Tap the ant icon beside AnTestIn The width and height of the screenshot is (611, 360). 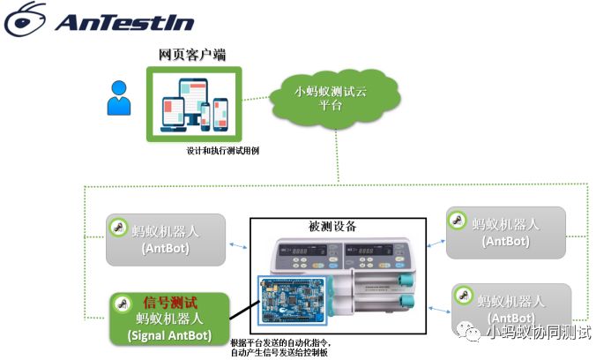click(24, 19)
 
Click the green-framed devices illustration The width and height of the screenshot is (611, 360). click(193, 102)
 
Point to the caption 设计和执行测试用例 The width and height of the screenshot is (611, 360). click(222, 151)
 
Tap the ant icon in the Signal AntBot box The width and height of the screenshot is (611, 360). click(123, 303)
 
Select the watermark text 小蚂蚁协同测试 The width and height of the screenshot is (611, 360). click(539, 332)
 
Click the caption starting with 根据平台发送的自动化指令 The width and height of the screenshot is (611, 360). click(285, 347)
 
